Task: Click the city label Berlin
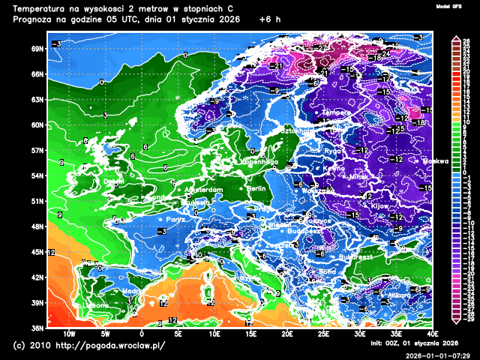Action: pos(257,189)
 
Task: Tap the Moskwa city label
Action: pos(436,160)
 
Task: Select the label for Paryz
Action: pos(175,220)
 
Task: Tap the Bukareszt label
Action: pos(355,257)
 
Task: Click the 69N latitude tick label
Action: pos(37,49)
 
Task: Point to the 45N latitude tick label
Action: pos(37,252)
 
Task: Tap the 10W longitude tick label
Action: pos(69,334)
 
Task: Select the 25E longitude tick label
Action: pos(324,334)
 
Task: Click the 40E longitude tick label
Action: pos(433,334)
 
